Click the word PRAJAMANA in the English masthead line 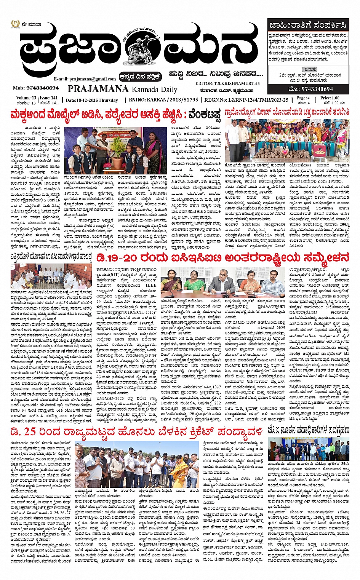(x=98, y=89)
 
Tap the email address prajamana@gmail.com (x=85, y=79)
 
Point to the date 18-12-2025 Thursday (x=92, y=100)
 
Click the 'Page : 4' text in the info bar (x=303, y=98)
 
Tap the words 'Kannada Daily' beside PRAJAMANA (x=154, y=89)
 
